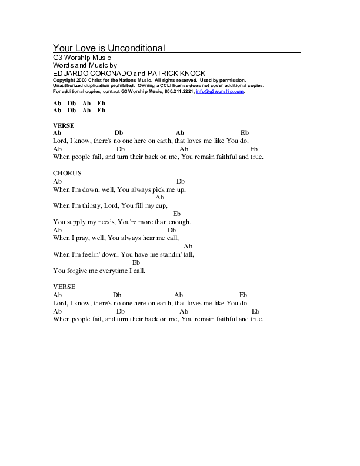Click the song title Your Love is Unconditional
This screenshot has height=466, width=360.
[109, 48]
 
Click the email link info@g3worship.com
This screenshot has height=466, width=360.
[220, 92]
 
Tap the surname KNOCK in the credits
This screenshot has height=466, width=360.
[191, 73]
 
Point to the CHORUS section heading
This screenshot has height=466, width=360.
[67, 173]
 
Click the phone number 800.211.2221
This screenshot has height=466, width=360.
[179, 92]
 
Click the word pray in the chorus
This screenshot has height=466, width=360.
[83, 238]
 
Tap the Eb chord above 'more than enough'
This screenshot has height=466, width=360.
[176, 214]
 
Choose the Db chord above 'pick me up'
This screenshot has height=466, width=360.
[181, 182]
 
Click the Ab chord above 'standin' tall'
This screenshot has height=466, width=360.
[188, 246]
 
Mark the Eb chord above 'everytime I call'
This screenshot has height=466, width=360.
[136, 262]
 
